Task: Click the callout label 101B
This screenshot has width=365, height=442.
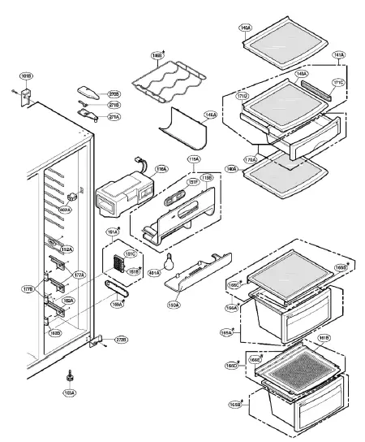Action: point(26,76)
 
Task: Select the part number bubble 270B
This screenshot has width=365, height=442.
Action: point(114,94)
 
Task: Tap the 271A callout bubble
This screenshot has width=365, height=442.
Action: point(114,117)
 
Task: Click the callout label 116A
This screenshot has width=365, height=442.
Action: point(161,169)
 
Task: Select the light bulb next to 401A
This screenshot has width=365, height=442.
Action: point(171,263)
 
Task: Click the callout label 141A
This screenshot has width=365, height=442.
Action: point(339,55)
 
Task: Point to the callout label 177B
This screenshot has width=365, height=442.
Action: point(28,288)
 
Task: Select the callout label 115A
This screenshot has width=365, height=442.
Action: point(195,159)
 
